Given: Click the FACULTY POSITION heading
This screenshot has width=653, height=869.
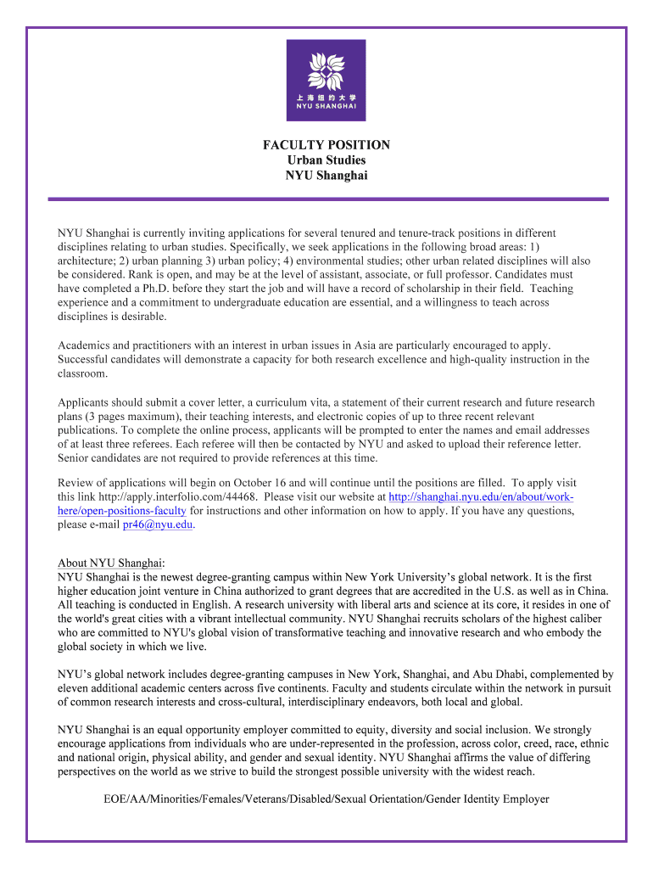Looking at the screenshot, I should [x=326, y=145].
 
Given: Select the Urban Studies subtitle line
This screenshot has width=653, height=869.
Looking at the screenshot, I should [x=326, y=160].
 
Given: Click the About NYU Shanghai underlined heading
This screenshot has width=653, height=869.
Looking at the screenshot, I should [x=109, y=563].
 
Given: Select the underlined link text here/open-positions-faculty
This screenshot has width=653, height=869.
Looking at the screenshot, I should [x=121, y=511].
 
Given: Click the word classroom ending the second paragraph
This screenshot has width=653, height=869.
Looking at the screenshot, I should [x=83, y=373].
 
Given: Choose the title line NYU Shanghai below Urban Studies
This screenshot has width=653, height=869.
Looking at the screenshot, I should [x=326, y=176].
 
